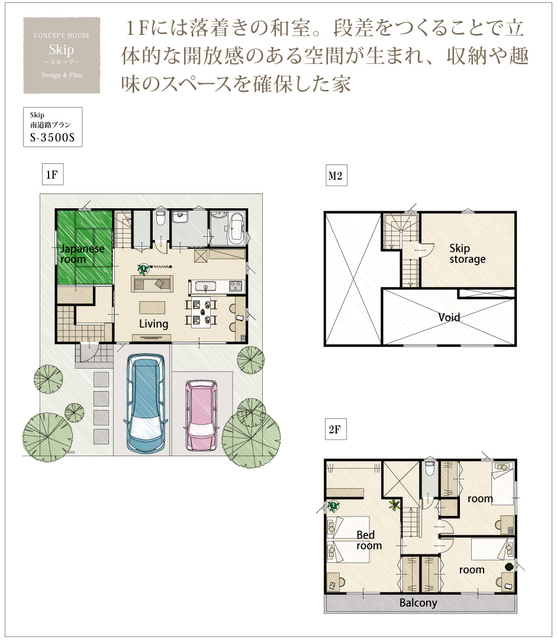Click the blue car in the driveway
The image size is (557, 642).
[146, 404]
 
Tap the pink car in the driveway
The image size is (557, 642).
[201, 415]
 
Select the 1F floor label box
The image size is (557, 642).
[53, 175]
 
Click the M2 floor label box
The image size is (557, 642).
[336, 176]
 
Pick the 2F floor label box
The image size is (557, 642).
[336, 429]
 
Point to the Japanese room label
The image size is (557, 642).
[82, 254]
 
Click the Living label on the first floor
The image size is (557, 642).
[153, 324]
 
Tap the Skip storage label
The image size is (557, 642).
[467, 254]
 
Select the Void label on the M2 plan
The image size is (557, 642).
[449, 317]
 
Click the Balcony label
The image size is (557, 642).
[418, 603]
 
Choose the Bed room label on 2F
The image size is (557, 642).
[369, 540]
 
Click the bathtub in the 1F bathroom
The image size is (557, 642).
[236, 228]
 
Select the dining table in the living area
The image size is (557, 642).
[201, 312]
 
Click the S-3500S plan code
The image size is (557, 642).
[53, 137]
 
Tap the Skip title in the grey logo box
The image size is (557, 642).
[62, 50]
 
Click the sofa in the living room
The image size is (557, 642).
[152, 284]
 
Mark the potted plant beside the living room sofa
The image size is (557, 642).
[143, 269]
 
